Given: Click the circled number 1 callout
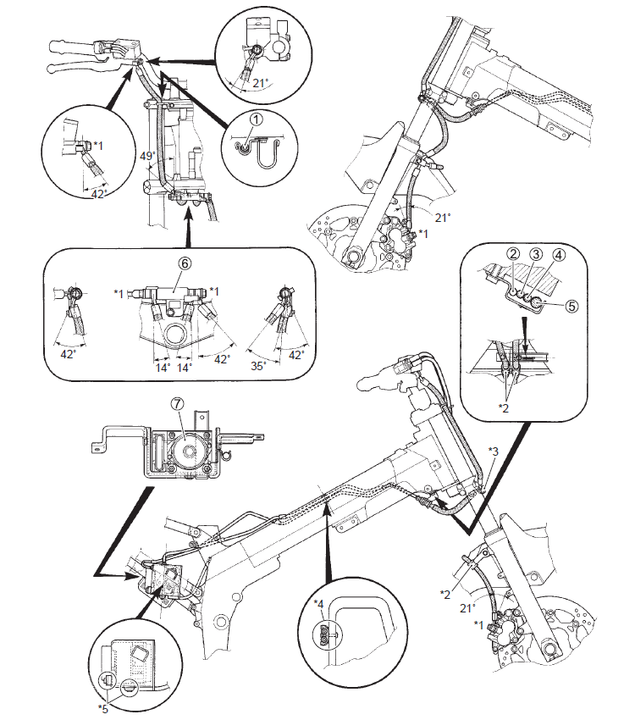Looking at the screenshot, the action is [x=256, y=119].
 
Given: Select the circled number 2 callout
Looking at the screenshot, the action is [x=513, y=253].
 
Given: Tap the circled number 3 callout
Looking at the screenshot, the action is [x=535, y=253].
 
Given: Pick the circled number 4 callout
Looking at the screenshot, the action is [x=559, y=253].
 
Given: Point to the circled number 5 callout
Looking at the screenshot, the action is [x=571, y=306].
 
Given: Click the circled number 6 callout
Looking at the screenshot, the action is [x=185, y=263].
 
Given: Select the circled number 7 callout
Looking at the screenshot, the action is [x=177, y=403].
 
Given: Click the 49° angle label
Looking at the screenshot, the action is [x=146, y=156].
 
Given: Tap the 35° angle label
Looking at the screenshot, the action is [x=258, y=366].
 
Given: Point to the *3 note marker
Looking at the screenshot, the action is [x=493, y=451].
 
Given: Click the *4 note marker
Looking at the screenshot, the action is [x=319, y=604].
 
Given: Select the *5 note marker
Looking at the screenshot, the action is [x=103, y=708].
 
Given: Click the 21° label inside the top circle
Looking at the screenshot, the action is [x=261, y=83].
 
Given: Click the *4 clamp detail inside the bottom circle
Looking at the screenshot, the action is [x=324, y=635].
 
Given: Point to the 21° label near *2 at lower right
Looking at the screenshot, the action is [x=467, y=608].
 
